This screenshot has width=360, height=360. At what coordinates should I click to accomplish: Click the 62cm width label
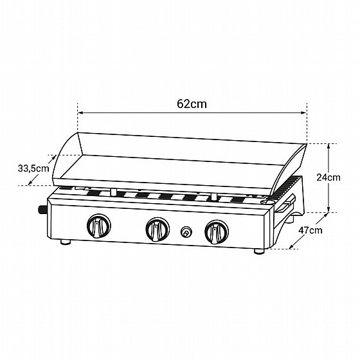point(192,104)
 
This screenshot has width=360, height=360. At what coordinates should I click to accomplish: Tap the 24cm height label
point(328,177)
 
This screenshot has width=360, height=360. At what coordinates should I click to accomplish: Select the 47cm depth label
point(310,230)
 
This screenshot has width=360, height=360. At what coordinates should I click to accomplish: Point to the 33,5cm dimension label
point(33,168)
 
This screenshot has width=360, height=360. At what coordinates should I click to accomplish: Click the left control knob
point(99,226)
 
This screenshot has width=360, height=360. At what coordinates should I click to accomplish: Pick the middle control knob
point(157,230)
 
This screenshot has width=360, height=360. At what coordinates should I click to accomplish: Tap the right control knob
point(217,232)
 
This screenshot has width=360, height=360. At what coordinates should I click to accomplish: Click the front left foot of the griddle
point(66,242)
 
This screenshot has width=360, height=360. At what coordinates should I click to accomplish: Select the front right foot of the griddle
point(259,251)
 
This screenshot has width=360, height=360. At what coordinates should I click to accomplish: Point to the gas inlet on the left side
point(43,210)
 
